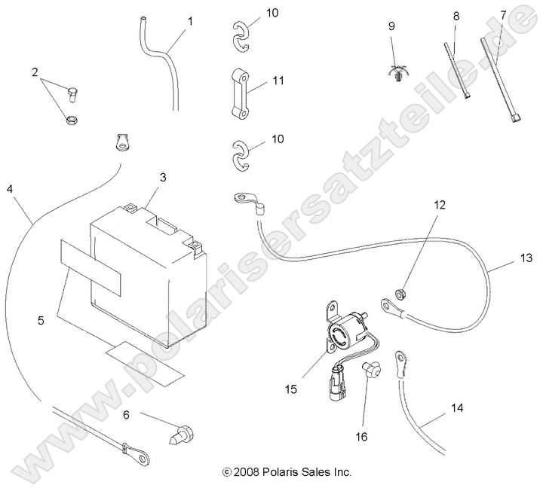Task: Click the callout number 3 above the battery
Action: pos(162,178)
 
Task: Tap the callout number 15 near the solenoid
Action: pos(290,389)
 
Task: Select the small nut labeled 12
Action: pos(402,291)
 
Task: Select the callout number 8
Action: pos(456,16)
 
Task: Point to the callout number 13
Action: pos(526,258)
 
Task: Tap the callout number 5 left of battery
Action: pos(41,321)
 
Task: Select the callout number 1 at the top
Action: pos(190,21)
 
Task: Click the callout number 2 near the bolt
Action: pos(35,72)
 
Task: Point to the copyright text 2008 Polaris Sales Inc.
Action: pos(287,472)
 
